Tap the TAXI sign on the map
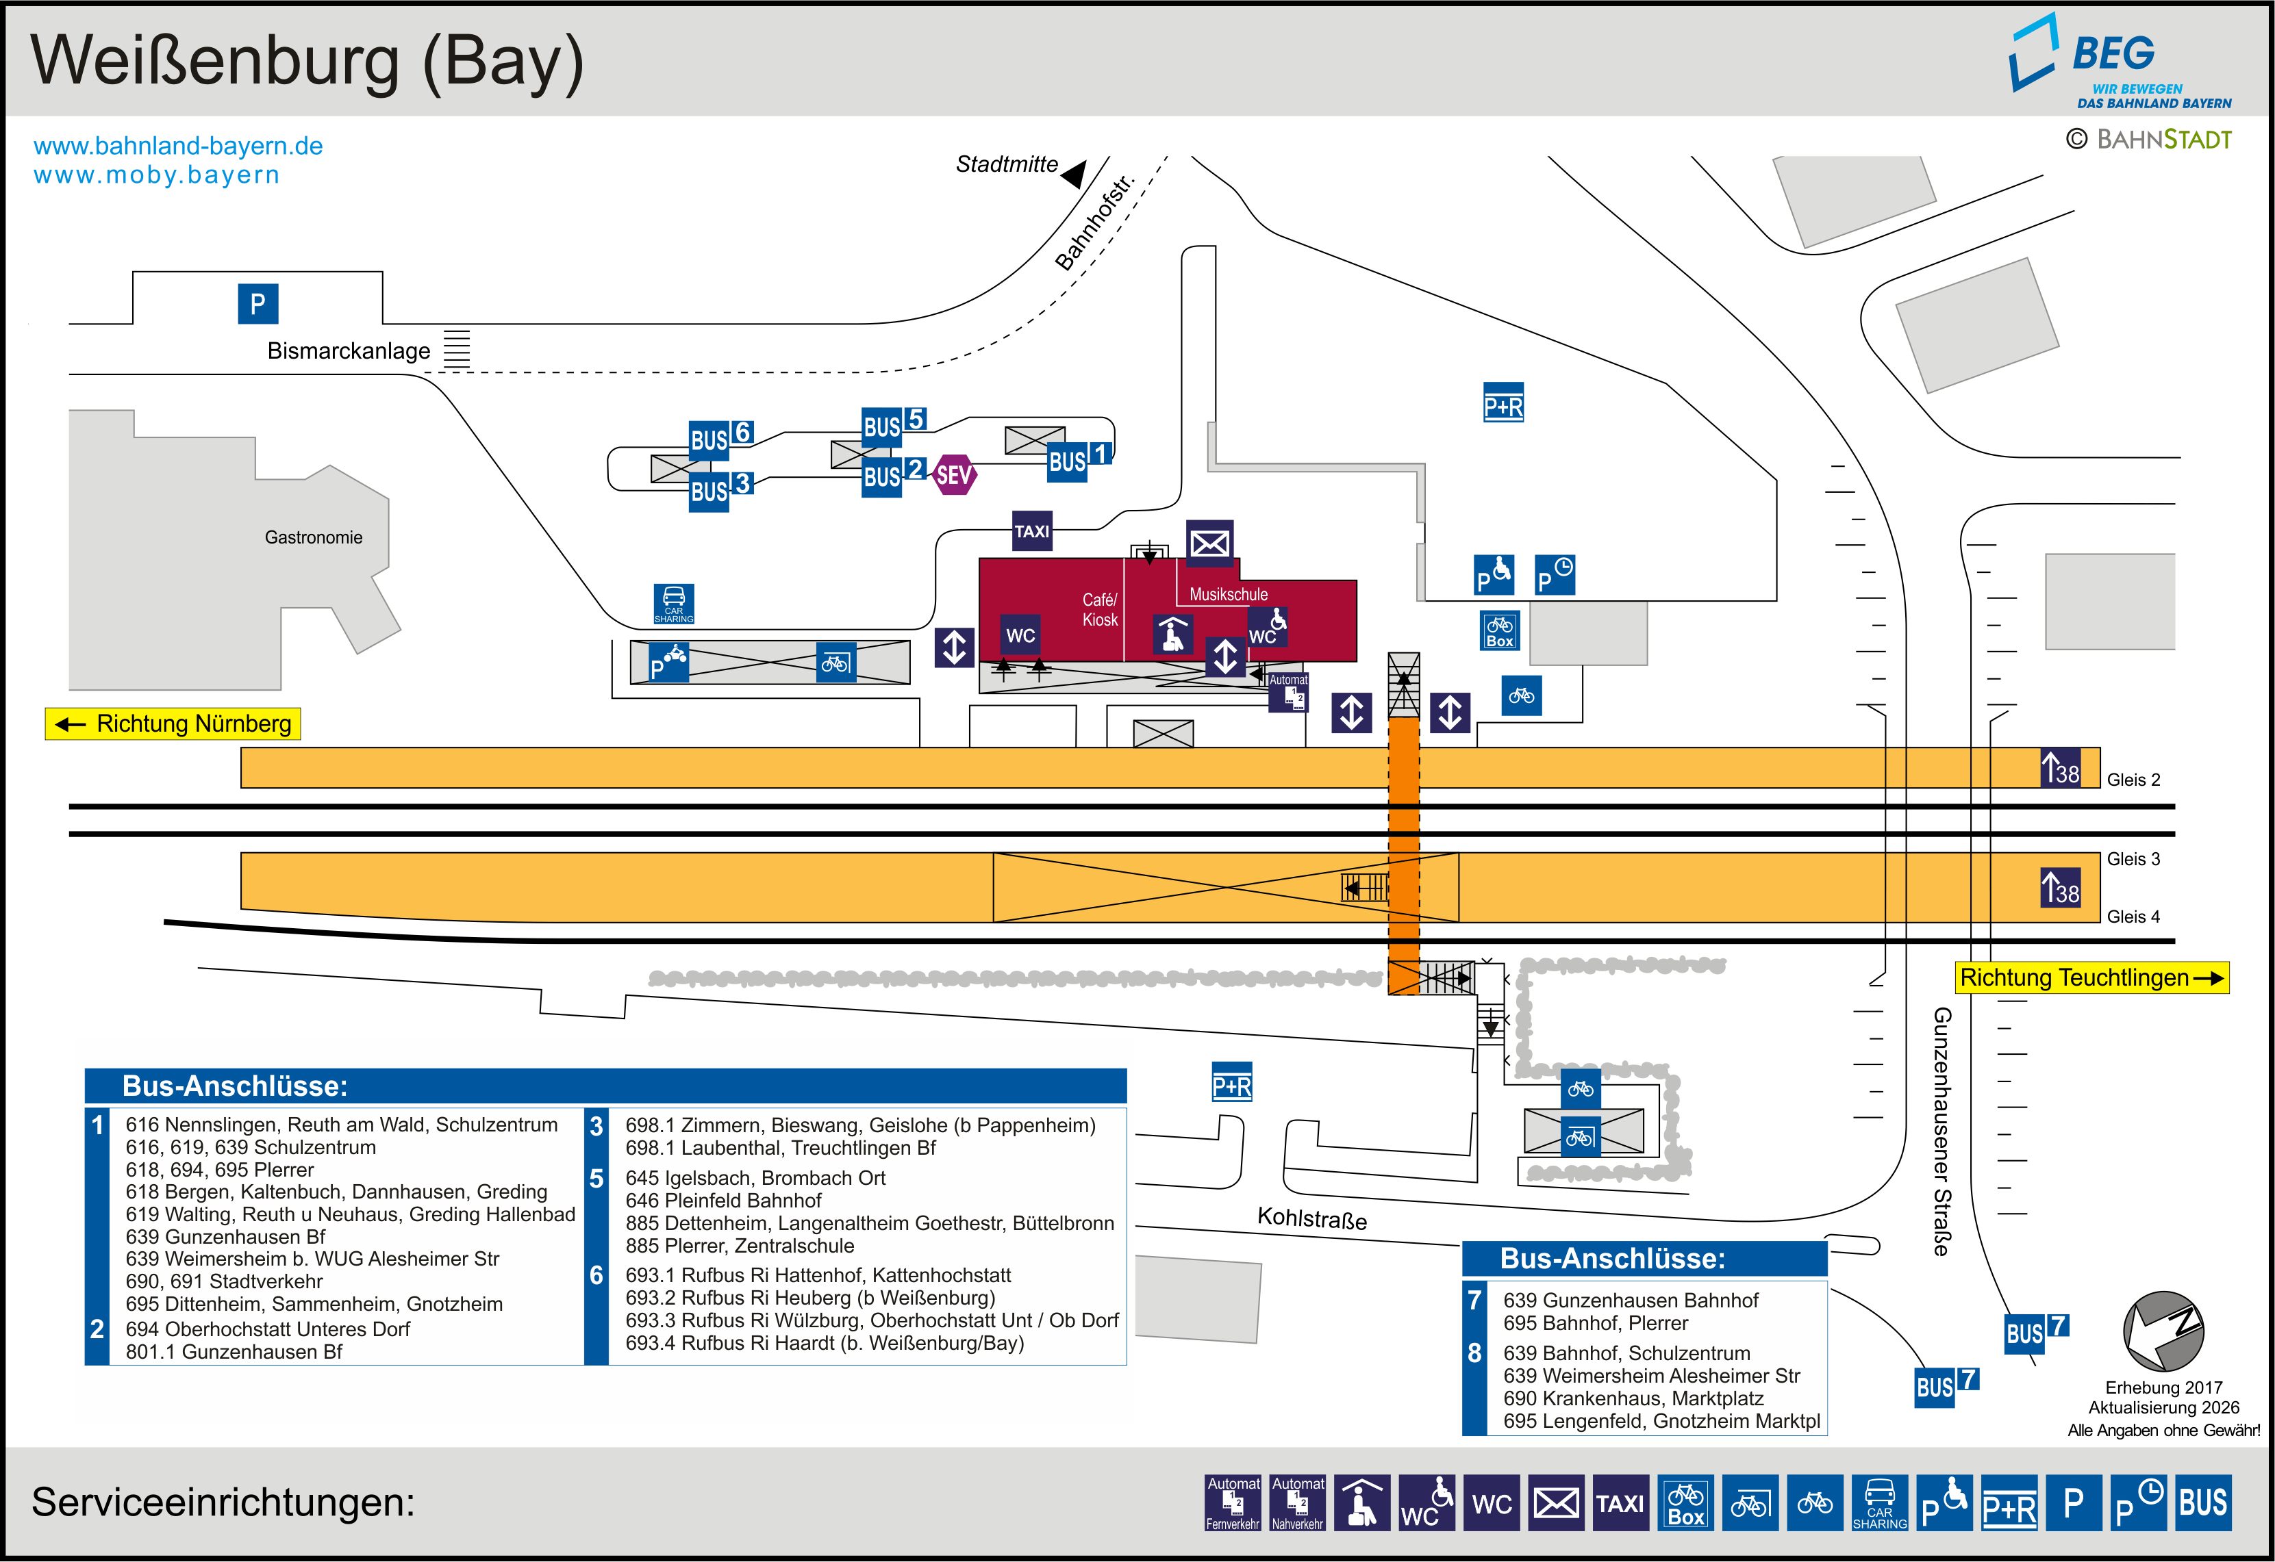(1032, 531)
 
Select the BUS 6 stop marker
(721, 437)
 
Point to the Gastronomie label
(313, 537)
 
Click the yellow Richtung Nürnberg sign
(173, 724)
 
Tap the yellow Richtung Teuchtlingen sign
(2092, 977)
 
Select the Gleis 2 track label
(2133, 780)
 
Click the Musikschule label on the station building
(1228, 594)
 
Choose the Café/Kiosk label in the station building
(1099, 610)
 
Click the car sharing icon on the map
(673, 604)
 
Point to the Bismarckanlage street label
(349, 351)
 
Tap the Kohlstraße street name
(1311, 1218)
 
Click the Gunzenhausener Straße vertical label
(1942, 1131)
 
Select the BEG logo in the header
(2120, 61)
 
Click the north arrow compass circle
(2163, 1331)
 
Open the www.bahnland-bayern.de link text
(178, 146)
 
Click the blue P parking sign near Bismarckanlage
(257, 303)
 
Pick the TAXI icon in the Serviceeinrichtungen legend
(1620, 1503)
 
